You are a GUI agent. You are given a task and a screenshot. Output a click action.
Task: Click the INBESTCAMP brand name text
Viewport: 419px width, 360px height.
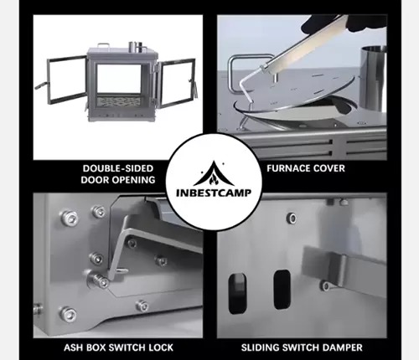[x=214, y=193]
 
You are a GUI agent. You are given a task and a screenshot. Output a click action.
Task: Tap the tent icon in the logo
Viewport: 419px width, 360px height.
[x=214, y=173]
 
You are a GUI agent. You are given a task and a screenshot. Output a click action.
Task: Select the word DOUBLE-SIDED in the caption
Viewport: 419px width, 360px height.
[x=118, y=168]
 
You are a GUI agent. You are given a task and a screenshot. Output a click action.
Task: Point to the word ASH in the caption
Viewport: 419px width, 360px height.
[x=74, y=347]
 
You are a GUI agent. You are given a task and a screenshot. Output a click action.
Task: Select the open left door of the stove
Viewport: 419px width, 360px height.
[x=65, y=79]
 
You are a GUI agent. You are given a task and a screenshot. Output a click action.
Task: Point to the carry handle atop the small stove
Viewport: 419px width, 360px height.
[x=104, y=45]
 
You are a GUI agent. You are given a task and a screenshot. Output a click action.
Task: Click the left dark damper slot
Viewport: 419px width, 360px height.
[x=237, y=293]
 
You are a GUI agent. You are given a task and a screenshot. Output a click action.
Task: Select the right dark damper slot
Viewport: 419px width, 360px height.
[x=282, y=290]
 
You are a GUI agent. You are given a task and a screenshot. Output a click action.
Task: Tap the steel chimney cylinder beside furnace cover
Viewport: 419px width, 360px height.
[x=373, y=78]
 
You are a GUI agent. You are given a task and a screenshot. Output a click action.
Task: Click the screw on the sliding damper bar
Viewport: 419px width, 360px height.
[x=326, y=285]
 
